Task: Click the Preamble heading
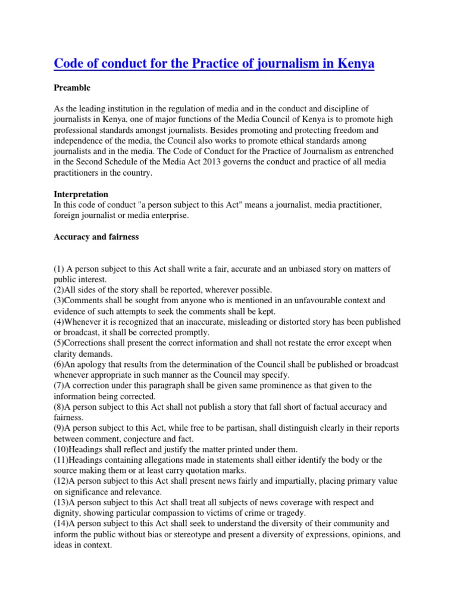[72, 88]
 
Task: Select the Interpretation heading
[81, 195]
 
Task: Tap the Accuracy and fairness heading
[96, 236]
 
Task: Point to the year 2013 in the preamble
[228, 162]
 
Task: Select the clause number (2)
[60, 290]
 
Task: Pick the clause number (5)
[60, 344]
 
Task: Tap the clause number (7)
[60, 385]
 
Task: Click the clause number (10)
[62, 449]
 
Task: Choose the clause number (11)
[62, 460]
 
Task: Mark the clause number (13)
[62, 503]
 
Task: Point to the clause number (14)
[62, 524]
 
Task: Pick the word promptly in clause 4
[192, 332]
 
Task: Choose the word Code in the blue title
[69, 63]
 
